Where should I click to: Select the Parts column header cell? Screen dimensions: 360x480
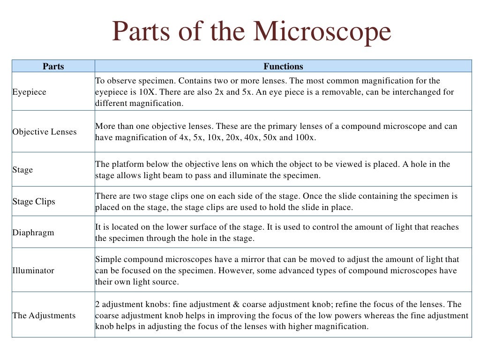coord(53,66)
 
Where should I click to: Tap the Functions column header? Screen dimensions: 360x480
coord(283,66)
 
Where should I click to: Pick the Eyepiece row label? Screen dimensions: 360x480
coord(29,92)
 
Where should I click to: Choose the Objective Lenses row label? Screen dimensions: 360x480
coord(44,132)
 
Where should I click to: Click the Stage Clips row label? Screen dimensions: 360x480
coord(34,202)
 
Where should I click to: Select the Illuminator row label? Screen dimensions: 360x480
coord(33,270)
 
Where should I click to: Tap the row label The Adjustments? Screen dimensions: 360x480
coord(44,315)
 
